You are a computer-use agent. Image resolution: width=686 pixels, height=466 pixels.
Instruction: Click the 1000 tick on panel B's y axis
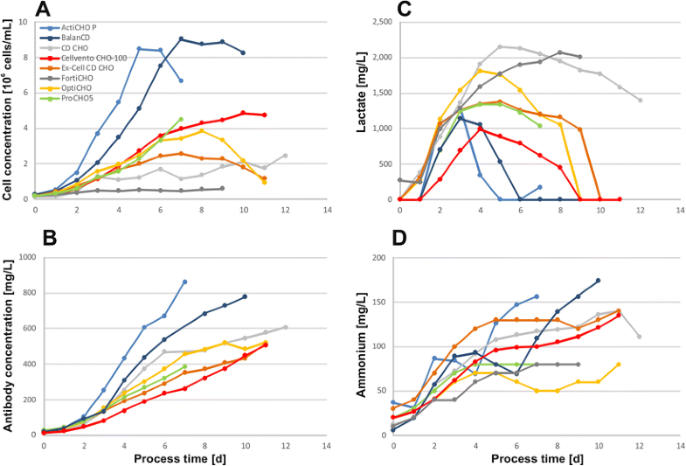(x=26, y=257)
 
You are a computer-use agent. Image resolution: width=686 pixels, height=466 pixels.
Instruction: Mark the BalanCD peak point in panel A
(x=181, y=38)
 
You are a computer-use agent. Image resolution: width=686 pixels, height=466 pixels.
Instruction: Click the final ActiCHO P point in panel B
(x=184, y=282)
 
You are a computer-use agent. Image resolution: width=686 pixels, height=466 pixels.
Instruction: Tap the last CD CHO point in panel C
(x=641, y=101)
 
